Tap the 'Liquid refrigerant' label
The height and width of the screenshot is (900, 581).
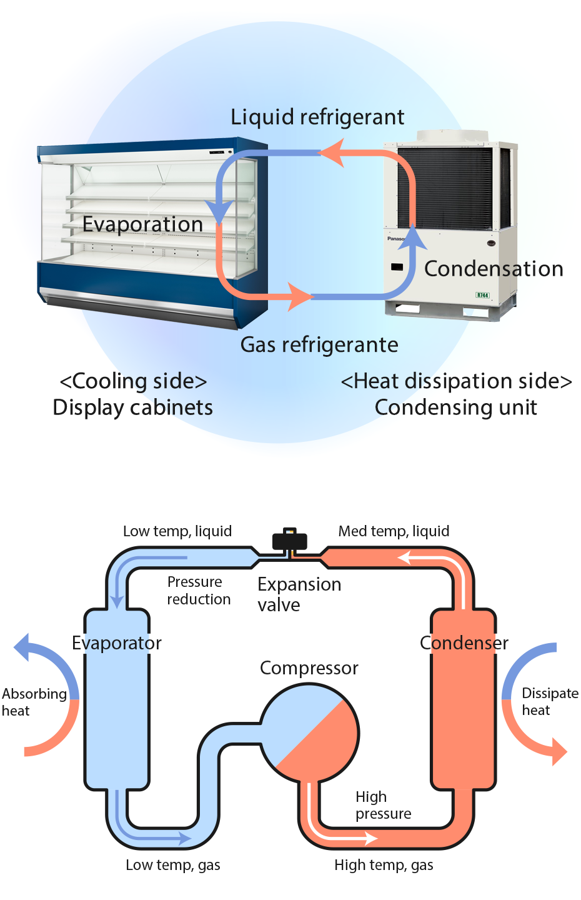(x=317, y=117)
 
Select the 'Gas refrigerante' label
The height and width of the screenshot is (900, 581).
(x=319, y=345)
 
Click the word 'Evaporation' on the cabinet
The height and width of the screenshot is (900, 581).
(x=142, y=224)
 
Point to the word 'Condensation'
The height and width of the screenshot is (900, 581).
(x=494, y=269)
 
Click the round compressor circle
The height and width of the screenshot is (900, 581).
(x=309, y=732)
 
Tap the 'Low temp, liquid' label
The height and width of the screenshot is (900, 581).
(x=177, y=531)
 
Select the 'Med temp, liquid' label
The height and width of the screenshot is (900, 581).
(x=394, y=531)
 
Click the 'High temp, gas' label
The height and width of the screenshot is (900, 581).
(x=384, y=865)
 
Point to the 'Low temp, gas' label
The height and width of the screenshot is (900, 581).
(x=172, y=865)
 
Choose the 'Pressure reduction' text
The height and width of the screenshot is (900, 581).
(x=198, y=591)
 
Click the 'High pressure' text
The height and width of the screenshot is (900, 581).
(x=383, y=805)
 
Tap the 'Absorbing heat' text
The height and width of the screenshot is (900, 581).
(x=34, y=702)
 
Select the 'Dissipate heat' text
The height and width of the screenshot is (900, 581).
(x=549, y=701)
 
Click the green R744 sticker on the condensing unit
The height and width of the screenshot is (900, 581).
(x=482, y=295)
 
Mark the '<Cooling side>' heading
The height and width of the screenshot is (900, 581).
(x=133, y=381)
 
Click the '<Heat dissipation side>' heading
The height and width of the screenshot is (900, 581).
(x=456, y=381)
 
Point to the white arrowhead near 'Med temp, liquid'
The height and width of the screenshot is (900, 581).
(x=404, y=557)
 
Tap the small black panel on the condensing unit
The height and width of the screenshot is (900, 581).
(x=397, y=267)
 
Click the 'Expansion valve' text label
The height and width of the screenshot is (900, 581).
(x=299, y=594)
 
